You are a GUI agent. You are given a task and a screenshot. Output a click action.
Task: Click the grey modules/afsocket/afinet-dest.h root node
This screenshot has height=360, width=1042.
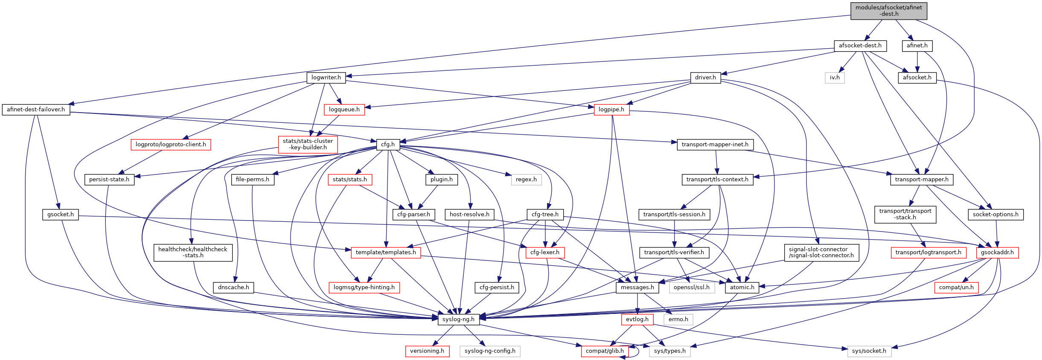click(x=888, y=11)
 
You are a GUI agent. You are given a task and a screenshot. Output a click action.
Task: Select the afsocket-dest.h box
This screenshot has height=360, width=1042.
click(x=860, y=46)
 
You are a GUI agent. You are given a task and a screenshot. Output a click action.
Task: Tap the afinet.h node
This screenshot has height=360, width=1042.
click(x=917, y=46)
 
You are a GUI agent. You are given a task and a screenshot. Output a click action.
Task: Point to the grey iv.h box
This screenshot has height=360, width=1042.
click(x=835, y=78)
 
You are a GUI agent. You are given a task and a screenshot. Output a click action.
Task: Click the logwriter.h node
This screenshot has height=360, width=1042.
click(x=326, y=78)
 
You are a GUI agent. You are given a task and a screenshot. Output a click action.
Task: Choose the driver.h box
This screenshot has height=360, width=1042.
click(x=705, y=78)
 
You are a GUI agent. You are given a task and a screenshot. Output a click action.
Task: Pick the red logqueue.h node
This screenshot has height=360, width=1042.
click(x=344, y=110)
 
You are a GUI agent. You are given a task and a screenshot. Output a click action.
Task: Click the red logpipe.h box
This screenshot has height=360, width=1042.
click(x=611, y=110)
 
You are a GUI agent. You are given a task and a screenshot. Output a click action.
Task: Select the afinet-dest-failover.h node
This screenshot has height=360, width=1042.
click(x=36, y=110)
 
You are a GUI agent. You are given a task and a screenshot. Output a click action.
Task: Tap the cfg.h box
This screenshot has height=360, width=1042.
click(x=388, y=145)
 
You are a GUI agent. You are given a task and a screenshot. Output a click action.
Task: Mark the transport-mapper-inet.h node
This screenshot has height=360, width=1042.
click(x=715, y=145)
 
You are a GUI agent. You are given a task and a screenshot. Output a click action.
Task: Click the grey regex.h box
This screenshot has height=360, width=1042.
click(x=526, y=180)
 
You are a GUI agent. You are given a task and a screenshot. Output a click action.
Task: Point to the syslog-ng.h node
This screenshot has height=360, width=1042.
click(x=458, y=319)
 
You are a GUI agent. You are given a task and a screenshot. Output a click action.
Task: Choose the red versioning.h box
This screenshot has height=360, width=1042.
click(x=427, y=351)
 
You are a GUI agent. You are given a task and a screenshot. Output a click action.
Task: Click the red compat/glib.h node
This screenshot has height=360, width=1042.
click(x=604, y=351)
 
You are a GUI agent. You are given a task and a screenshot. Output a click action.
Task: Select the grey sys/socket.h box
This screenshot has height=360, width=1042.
click(x=869, y=351)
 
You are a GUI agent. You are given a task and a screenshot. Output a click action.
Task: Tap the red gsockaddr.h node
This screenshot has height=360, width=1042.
click(x=997, y=253)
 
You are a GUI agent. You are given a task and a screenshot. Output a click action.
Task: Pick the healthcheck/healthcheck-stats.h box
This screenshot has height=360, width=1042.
click(x=193, y=253)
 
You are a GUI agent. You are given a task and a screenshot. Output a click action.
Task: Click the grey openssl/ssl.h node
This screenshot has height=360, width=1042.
click(x=691, y=287)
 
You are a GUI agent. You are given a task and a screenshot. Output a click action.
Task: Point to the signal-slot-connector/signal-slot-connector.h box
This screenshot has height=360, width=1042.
click(x=821, y=253)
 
